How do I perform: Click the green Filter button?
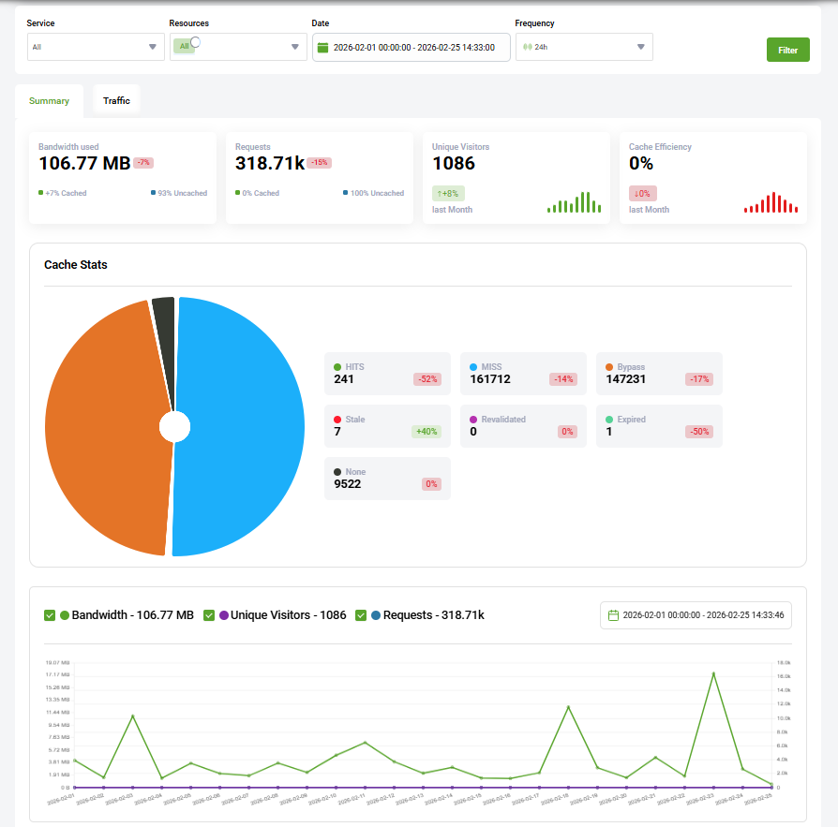[x=787, y=50]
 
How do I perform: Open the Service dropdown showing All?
[x=96, y=47]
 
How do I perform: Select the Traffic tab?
[x=116, y=100]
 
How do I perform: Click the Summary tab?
[x=49, y=100]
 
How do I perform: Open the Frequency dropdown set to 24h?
[x=583, y=47]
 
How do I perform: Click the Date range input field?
[x=411, y=47]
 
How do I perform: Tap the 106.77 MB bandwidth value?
[x=83, y=163]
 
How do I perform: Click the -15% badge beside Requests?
[x=320, y=163]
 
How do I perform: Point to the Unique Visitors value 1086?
[x=454, y=163]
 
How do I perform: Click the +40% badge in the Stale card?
[x=426, y=432]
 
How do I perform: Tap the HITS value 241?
[x=344, y=379]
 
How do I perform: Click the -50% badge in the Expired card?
[x=698, y=432]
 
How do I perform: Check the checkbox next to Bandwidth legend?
[x=50, y=615]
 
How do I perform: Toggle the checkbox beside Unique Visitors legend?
[x=209, y=615]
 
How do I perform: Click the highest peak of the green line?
[x=713, y=672]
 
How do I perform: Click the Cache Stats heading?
[x=76, y=265]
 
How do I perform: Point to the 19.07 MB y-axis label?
[x=58, y=662]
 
